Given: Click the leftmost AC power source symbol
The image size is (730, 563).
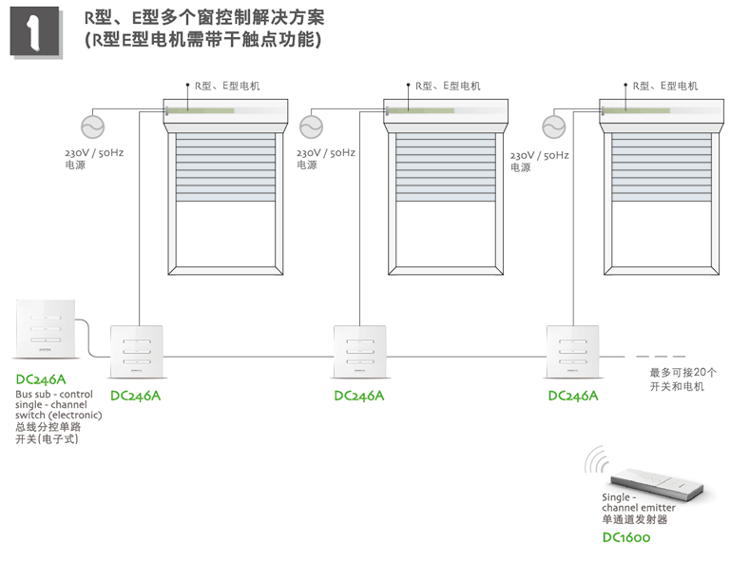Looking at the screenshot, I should click(x=93, y=126).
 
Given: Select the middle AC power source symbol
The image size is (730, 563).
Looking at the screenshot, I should click(x=312, y=126).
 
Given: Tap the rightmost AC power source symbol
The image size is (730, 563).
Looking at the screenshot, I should click(x=553, y=126).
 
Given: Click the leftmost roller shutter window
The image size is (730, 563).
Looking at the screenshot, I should click(x=224, y=190).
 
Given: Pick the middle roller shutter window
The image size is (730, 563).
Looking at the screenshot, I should click(x=444, y=190).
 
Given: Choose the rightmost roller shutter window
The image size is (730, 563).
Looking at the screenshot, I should click(x=662, y=190).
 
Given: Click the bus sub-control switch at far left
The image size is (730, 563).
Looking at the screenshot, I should click(x=45, y=329).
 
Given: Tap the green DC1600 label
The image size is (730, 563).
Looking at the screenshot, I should click(x=626, y=538).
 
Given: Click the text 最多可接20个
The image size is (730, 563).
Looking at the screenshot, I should click(x=682, y=372).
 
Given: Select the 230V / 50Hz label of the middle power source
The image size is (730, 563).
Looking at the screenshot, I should click(x=326, y=152).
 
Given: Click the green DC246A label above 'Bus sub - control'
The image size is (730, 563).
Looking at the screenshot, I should click(x=41, y=379).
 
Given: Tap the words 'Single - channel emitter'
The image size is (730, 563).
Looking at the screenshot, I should click(x=637, y=503).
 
